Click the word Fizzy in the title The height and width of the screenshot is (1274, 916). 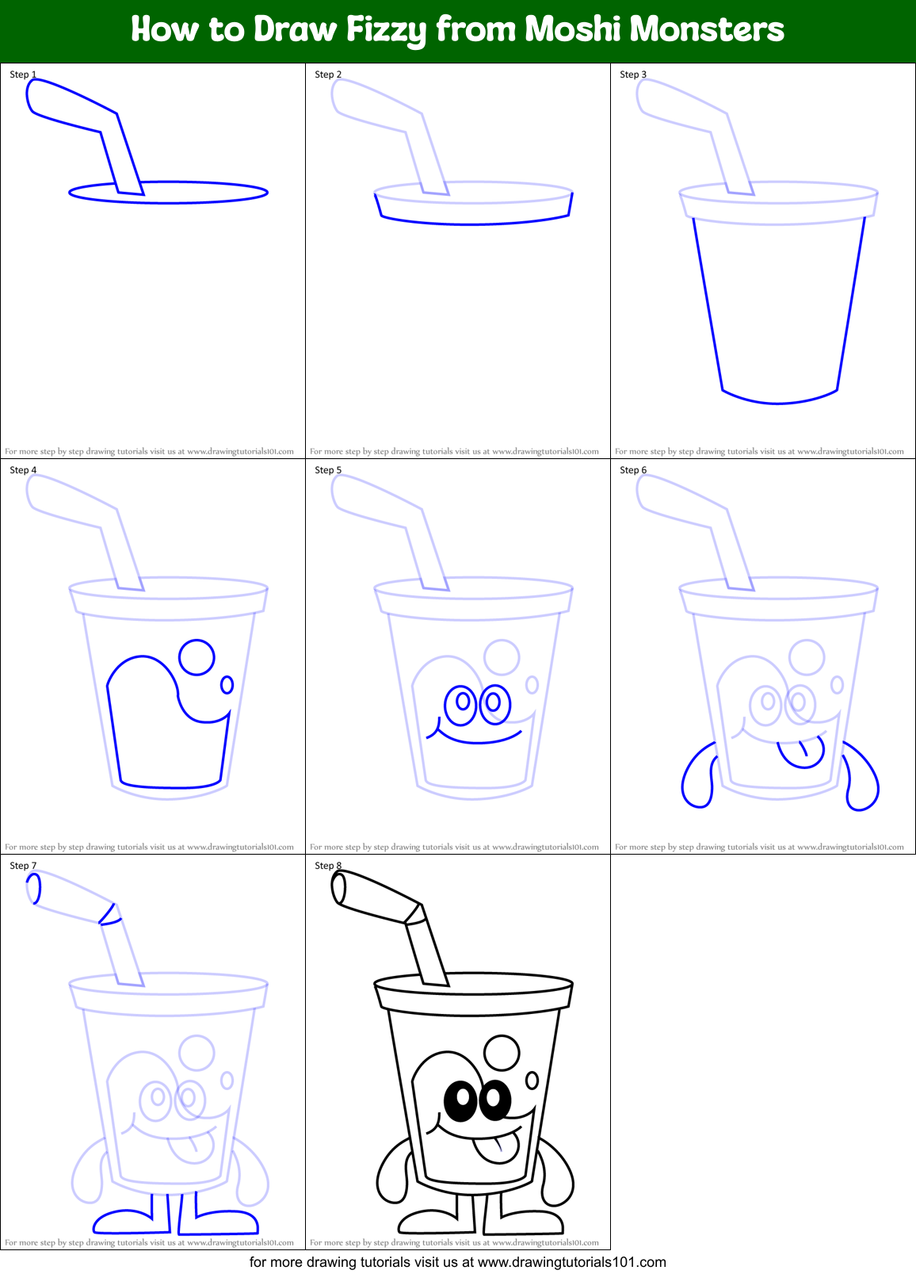pos(386,30)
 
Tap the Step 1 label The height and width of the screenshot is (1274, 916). pos(23,75)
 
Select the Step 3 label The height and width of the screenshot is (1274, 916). pos(633,75)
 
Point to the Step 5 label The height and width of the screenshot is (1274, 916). pos(328,470)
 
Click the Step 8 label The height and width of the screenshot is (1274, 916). pos(328,866)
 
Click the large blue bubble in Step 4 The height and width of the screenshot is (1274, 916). pos(197,657)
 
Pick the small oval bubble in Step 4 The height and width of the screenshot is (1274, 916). pos(227,684)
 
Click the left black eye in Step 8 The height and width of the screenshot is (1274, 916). pos(460,1100)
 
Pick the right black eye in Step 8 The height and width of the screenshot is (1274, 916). pos(494,1099)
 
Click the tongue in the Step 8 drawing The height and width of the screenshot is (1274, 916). pos(497,1147)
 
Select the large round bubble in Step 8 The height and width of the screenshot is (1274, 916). pos(502,1053)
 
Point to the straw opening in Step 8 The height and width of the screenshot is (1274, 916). pos(338,888)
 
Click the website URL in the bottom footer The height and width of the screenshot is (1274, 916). pos(572,1262)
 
